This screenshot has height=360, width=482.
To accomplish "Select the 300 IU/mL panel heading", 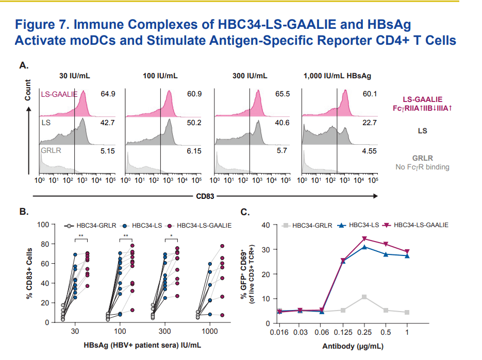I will [250, 76].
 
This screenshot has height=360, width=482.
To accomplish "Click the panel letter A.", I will [23, 65].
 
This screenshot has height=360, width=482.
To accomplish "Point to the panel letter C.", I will [246, 212].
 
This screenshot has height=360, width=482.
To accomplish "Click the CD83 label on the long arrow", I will [205, 196].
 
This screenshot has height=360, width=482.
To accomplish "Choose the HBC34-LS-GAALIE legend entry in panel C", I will [419, 225].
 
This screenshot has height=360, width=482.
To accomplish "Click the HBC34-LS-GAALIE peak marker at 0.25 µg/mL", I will [364, 238].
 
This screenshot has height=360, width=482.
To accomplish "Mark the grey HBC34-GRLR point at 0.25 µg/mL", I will [364, 297].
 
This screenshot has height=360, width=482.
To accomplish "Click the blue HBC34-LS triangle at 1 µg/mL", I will [407, 256].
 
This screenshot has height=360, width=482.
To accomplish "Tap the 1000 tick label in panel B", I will [209, 332].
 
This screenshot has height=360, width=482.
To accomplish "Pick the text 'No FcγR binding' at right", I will [422, 167].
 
